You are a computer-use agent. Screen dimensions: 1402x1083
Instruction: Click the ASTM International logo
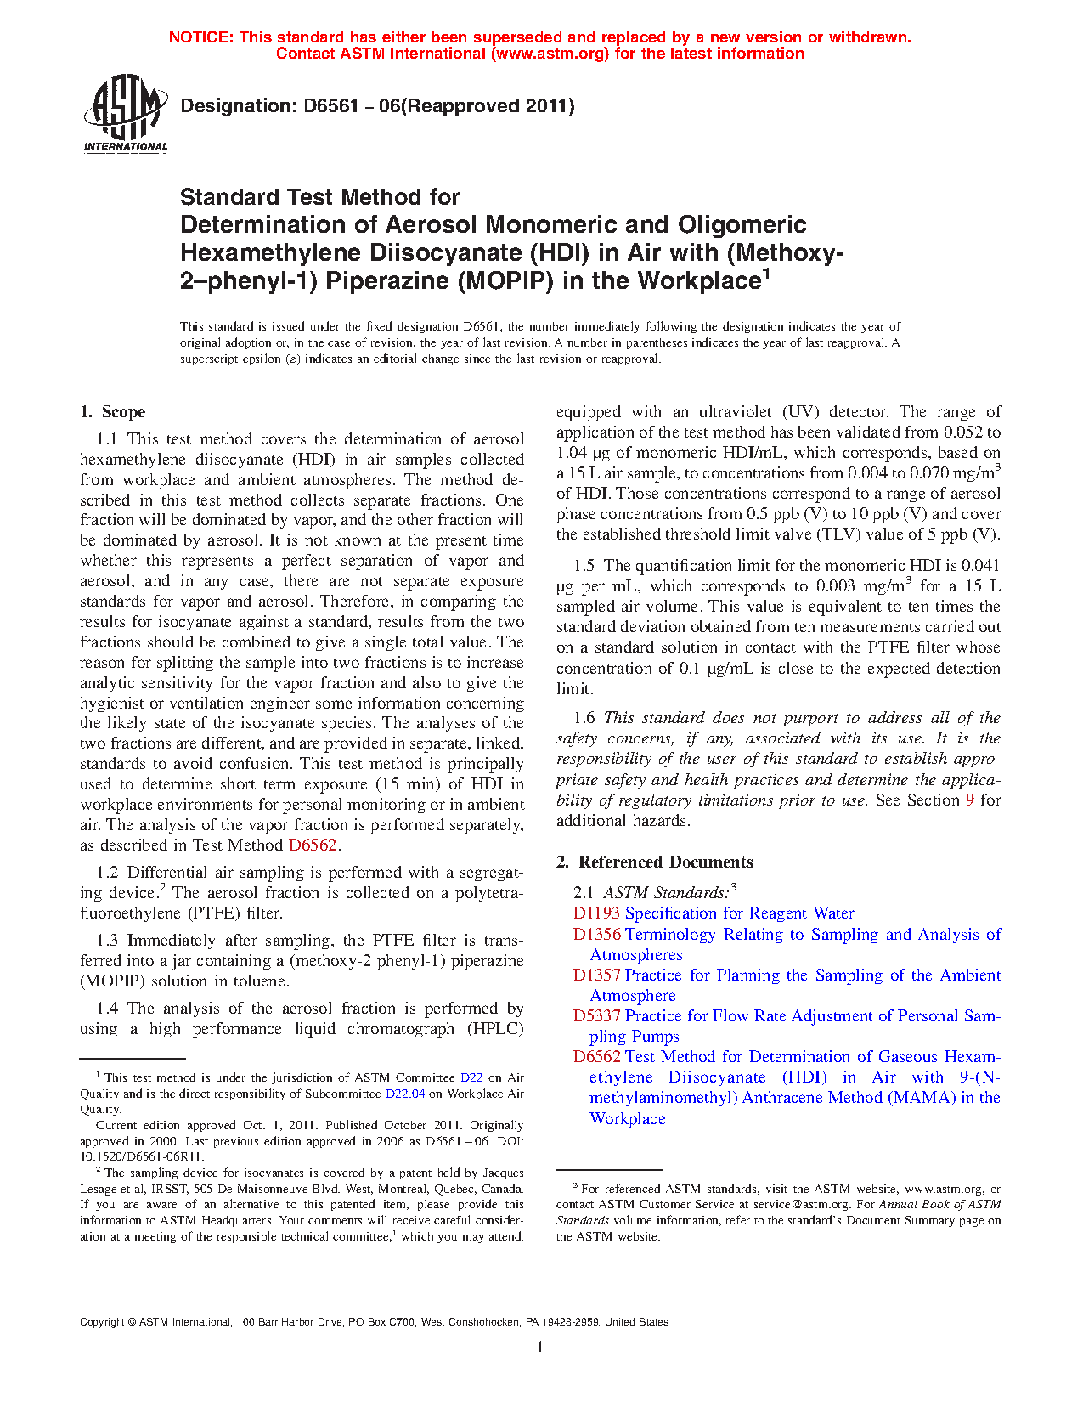pos(125,113)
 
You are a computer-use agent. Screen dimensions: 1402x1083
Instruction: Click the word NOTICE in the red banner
pos(200,37)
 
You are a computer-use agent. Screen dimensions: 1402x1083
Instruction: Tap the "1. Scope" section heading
pos(113,412)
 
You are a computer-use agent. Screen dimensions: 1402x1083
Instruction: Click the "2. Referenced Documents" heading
pos(654,862)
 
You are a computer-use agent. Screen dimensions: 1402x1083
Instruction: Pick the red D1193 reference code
pos(596,913)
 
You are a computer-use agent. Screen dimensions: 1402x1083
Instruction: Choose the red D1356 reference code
pos(596,935)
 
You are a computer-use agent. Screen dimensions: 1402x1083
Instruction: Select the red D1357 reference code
pos(596,975)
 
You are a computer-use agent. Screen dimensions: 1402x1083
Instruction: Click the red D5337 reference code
pos(596,1016)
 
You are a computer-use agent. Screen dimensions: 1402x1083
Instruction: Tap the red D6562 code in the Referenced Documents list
pos(596,1057)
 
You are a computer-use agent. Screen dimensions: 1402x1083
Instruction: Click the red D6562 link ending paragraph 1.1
pos(313,845)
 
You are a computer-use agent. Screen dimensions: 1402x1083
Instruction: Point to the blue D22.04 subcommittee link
pos(405,1094)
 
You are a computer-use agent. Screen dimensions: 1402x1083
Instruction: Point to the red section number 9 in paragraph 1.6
pos(970,800)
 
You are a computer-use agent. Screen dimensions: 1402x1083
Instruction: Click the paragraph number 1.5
pos(584,566)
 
